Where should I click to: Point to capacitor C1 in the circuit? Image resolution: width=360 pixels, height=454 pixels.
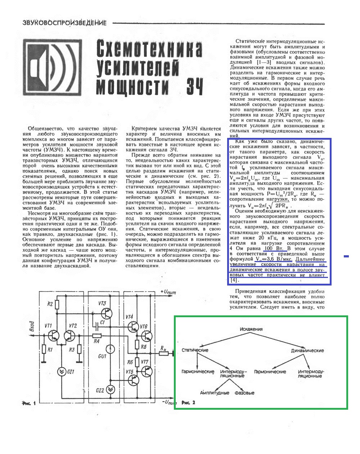coord(96,326)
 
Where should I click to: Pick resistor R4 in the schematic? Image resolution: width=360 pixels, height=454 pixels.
coord(96,336)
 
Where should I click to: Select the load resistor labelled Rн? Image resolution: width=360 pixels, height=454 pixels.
coord(164,354)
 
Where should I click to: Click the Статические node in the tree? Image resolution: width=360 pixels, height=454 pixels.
coord(195,350)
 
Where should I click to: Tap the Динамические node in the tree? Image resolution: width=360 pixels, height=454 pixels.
coord(307,350)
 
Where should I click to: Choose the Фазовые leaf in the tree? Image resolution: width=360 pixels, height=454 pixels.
coord(244,393)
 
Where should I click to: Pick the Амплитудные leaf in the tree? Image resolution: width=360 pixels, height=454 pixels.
coord(215,393)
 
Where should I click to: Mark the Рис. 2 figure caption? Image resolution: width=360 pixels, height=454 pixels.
coord(189,403)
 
